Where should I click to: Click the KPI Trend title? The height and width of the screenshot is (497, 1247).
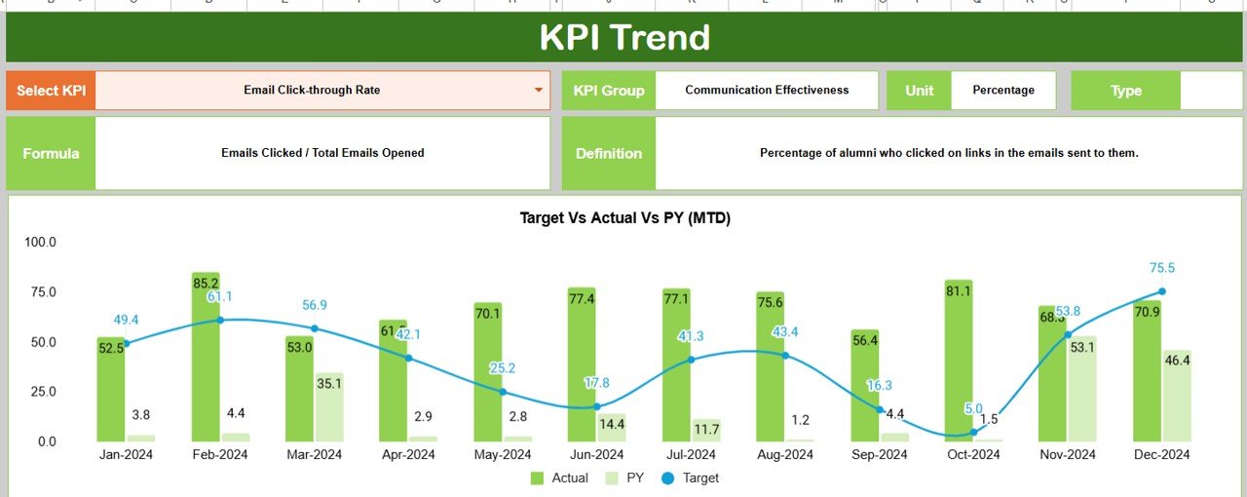[624, 38]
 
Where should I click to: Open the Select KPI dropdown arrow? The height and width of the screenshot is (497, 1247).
[538, 91]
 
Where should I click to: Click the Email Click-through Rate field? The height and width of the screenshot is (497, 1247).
[312, 91]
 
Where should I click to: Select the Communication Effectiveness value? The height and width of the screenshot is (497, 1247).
[767, 91]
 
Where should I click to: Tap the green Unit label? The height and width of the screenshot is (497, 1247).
[919, 91]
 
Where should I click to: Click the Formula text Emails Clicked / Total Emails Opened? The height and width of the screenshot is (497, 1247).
[322, 153]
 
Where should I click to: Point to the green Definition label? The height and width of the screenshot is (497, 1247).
[608, 153]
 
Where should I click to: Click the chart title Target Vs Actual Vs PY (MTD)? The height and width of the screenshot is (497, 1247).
[624, 218]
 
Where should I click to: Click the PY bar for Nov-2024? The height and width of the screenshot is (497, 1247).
[1082, 390]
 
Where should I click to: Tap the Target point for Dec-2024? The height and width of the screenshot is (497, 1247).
[1162, 291]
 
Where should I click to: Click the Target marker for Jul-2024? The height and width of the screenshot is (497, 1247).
[691, 360]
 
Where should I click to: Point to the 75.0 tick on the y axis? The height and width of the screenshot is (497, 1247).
[41, 292]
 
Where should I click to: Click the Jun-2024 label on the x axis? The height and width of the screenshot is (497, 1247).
[596, 455]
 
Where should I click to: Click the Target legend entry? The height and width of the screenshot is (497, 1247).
[692, 478]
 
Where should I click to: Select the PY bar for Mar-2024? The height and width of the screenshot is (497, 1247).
[329, 407]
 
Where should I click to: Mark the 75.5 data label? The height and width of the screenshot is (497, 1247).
[1162, 268]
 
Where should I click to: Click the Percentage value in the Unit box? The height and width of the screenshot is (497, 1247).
[1003, 91]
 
